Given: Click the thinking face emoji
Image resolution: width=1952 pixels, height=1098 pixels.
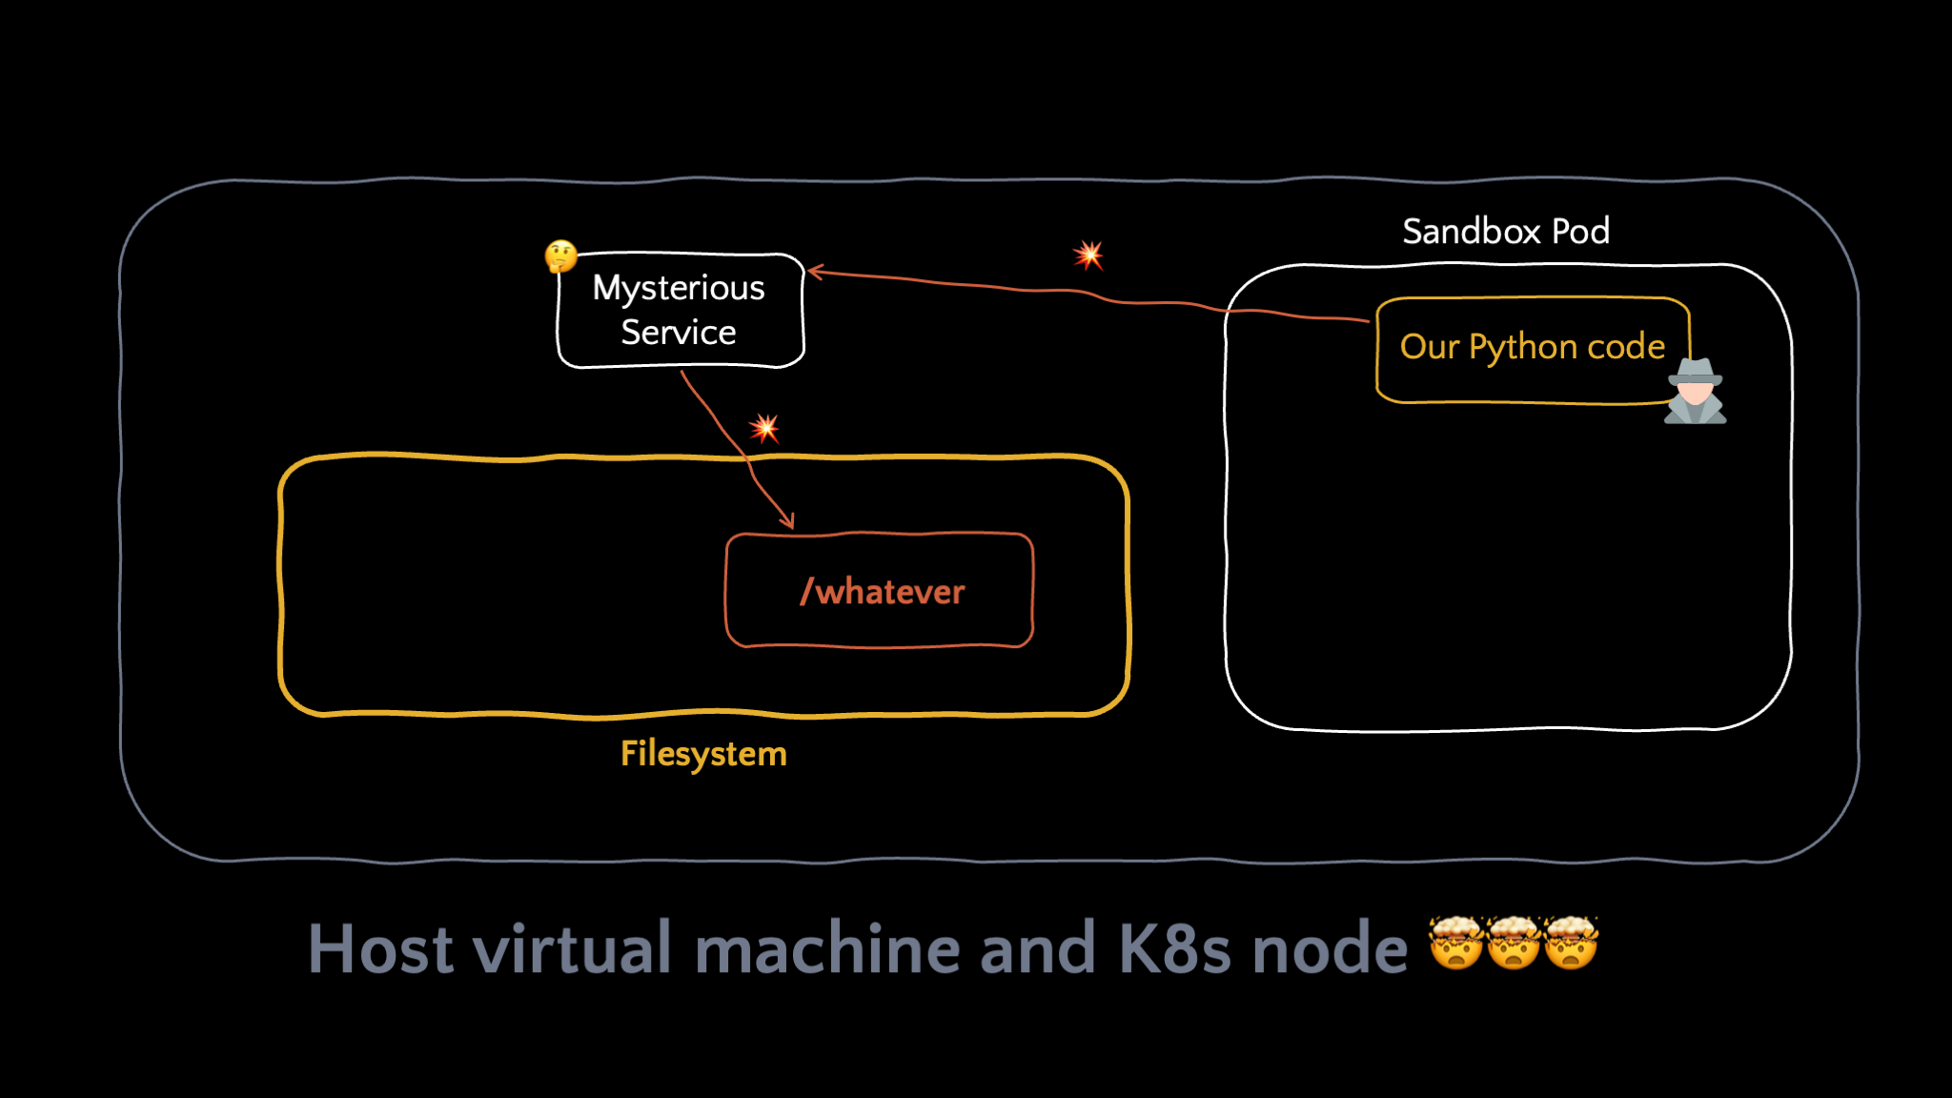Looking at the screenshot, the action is (x=560, y=256).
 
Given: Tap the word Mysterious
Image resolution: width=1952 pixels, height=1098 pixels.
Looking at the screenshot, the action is (x=679, y=289).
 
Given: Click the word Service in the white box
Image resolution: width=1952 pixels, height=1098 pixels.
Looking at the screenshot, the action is (x=679, y=332).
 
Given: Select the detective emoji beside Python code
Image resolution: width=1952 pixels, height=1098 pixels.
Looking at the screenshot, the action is (x=1696, y=391).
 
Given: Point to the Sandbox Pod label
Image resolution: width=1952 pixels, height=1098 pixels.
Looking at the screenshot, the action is (x=1506, y=231).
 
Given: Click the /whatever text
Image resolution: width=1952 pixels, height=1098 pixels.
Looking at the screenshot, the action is (x=883, y=592).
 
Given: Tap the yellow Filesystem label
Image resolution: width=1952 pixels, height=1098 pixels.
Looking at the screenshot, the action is (x=703, y=754).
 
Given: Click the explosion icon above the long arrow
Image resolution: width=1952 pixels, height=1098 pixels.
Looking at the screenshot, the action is (x=1088, y=254).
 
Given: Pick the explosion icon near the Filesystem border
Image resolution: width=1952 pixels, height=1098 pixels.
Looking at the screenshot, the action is (x=763, y=428).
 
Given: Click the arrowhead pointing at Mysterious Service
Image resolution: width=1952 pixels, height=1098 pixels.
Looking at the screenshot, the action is (x=815, y=273).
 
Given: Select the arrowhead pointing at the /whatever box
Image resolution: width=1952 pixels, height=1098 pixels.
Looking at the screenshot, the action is (x=787, y=520).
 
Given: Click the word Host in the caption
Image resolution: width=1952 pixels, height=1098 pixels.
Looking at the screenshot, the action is (x=380, y=948).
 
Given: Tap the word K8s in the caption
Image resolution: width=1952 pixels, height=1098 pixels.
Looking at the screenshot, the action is (x=1174, y=948).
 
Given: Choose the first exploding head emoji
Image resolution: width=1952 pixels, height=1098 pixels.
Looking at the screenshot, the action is (x=1456, y=943).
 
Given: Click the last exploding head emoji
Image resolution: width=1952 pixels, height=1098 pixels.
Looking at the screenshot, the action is (x=1571, y=943).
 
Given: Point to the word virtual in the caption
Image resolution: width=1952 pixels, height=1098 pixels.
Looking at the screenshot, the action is (x=573, y=948).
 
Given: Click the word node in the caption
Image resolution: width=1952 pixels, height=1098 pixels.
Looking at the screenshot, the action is (x=1330, y=948).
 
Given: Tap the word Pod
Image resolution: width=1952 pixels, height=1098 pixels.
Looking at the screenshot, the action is (x=1581, y=231).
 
